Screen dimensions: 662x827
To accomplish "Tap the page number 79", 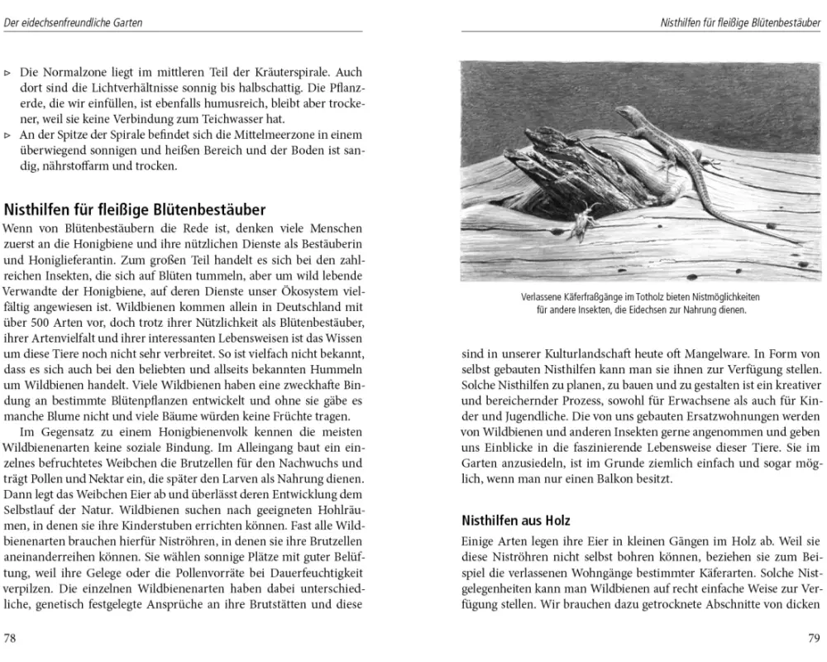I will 813,638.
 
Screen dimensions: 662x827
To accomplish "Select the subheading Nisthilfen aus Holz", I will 515,520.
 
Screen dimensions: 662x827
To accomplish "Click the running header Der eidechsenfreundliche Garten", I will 73,23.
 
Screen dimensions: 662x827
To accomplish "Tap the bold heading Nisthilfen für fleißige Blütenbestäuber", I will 135,210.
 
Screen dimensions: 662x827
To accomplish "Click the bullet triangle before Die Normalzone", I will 7,73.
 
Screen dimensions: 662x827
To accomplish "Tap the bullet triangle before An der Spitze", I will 7,136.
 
